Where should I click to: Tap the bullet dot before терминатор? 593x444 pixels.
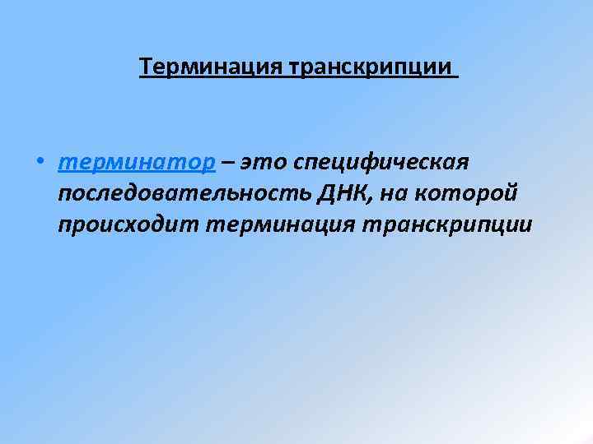coord(40,163)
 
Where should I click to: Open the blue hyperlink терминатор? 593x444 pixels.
coord(137,162)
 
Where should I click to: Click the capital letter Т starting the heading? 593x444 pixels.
coord(146,65)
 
